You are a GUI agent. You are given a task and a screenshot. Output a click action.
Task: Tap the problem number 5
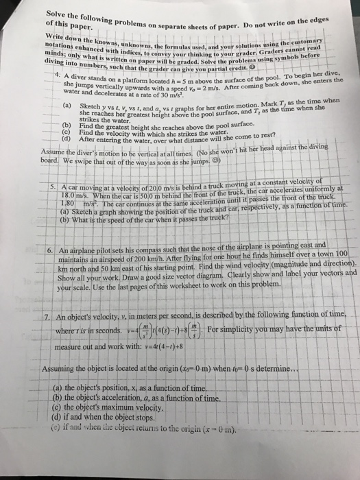pyautogui.click(x=43, y=169)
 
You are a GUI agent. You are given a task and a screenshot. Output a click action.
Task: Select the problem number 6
pyautogui.click(x=43, y=251)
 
